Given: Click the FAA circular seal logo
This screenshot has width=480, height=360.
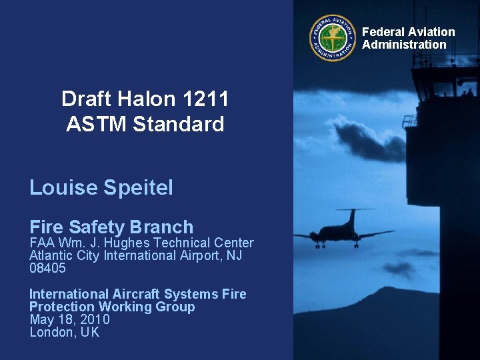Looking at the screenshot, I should tap(333, 38).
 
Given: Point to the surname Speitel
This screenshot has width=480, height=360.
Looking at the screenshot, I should tap(138, 188).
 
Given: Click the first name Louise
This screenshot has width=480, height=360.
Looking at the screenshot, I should tap(64, 188).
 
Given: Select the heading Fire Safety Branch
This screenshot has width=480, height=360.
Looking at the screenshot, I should tap(111, 227).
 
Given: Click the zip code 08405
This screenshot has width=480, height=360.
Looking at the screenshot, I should tap(47, 268).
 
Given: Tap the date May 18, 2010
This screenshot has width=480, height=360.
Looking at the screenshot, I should tap(69, 319).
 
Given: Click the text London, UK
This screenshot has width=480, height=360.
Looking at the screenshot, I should tap(64, 332).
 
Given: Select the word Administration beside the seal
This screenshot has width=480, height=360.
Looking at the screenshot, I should tap(404, 45).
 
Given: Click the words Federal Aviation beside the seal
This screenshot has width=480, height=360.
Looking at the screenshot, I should tap(408, 32).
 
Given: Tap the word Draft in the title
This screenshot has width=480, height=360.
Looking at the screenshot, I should tap(83, 99).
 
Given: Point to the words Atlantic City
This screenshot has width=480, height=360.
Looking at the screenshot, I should tap(64, 255).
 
